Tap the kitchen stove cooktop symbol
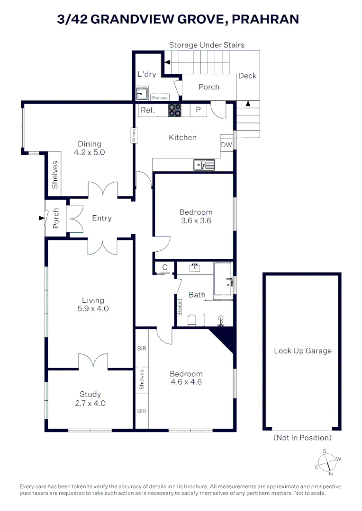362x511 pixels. (x=174, y=110)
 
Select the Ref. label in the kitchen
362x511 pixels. (x=148, y=110)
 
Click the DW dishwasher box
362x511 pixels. (x=226, y=145)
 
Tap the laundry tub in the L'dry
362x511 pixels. (x=141, y=94)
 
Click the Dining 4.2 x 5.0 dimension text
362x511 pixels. (x=89, y=153)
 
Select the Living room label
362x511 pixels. (x=93, y=300)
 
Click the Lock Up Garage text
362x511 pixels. (x=302, y=351)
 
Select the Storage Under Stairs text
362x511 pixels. (x=207, y=45)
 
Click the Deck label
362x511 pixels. (x=247, y=76)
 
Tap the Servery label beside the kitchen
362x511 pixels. (x=134, y=136)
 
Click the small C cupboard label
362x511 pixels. (x=164, y=267)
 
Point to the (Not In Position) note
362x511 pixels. (x=302, y=438)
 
